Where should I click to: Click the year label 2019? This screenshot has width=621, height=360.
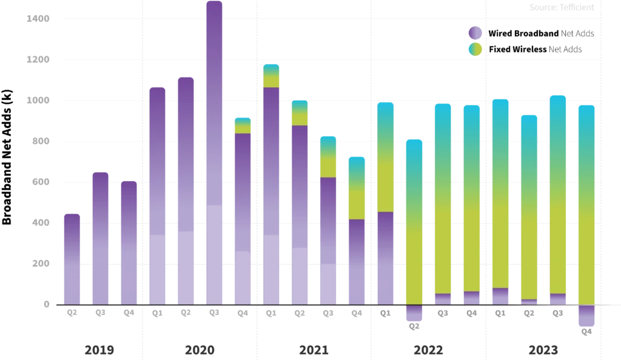(x=100, y=350)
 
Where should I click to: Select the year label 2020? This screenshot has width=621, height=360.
(x=200, y=350)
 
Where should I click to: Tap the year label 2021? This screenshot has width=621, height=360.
(x=313, y=350)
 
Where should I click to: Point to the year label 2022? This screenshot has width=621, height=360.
(x=429, y=350)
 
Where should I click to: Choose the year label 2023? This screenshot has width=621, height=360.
(x=543, y=350)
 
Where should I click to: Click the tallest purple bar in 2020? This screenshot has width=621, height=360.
(x=214, y=152)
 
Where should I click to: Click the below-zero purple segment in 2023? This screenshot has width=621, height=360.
(x=586, y=315)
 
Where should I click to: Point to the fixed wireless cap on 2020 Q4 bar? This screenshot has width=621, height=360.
(x=243, y=125)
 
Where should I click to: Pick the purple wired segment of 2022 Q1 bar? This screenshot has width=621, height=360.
(x=386, y=258)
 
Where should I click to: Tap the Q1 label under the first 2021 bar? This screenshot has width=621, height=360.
(x=270, y=313)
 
